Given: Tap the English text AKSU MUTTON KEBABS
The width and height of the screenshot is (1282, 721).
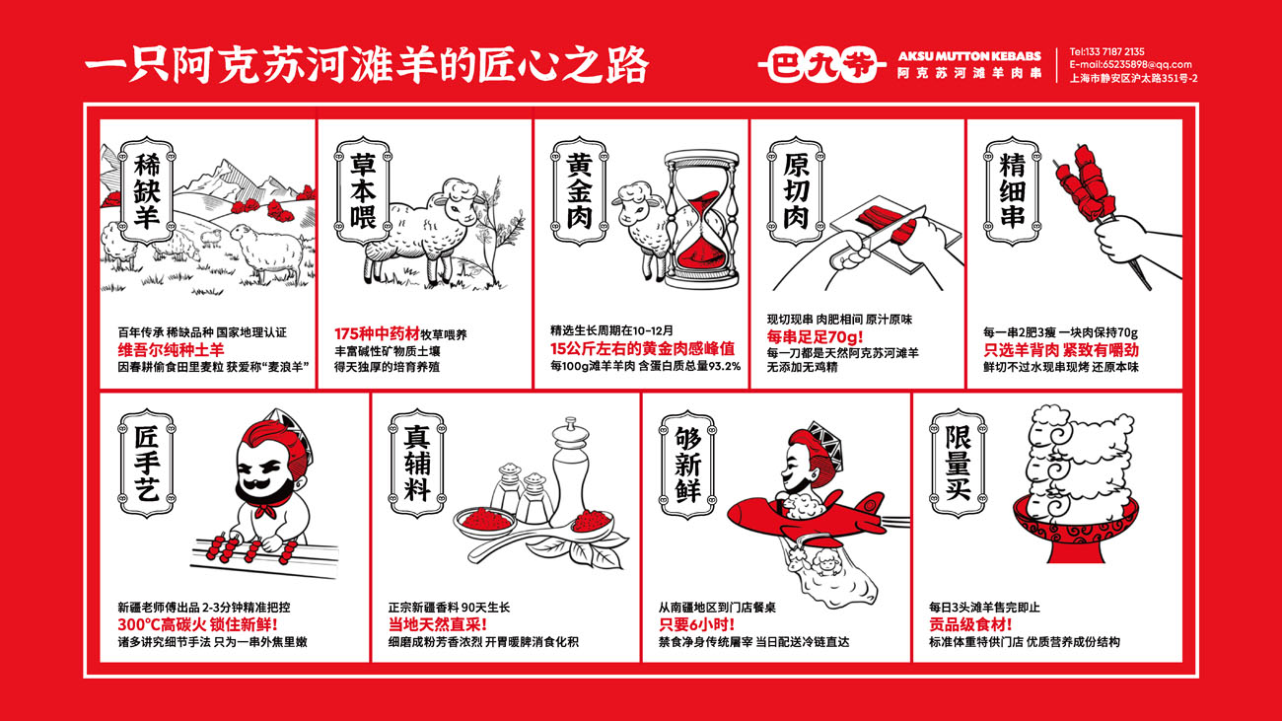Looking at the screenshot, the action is (x=969, y=56).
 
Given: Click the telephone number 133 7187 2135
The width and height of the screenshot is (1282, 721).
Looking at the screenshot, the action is (x=1115, y=51).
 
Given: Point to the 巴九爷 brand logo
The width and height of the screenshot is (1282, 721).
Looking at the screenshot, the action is (x=821, y=65).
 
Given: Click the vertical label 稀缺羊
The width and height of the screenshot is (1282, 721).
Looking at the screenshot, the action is (x=147, y=191).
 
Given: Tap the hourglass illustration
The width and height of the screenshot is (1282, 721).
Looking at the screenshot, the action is (x=702, y=220).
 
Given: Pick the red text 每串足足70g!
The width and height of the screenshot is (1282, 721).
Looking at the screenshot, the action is (x=815, y=336).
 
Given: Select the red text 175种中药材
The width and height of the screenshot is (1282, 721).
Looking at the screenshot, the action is (x=377, y=333).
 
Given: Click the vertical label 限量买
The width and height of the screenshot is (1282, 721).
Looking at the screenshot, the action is (x=959, y=464).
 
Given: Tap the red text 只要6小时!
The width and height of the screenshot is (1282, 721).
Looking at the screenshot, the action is (x=696, y=625).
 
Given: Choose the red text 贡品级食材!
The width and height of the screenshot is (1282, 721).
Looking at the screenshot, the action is (x=970, y=625).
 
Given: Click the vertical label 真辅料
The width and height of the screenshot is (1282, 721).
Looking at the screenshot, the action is (x=418, y=464).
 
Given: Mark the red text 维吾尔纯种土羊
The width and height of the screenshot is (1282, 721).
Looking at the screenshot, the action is (x=171, y=350).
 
